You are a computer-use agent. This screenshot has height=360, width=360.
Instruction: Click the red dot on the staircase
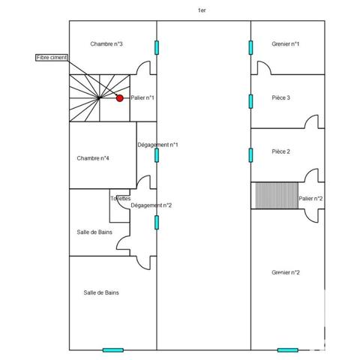[119, 97]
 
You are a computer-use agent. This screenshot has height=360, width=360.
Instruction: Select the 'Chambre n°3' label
[106, 44]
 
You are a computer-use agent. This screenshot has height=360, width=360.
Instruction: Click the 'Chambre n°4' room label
[93, 158]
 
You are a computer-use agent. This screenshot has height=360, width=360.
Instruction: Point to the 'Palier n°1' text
[142, 97]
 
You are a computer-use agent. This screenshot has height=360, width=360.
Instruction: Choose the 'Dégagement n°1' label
[157, 145]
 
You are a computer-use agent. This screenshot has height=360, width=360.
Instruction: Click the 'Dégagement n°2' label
[151, 205]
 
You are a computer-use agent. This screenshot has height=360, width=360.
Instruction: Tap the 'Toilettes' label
[120, 199]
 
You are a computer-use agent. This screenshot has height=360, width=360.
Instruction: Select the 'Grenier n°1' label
[286, 44]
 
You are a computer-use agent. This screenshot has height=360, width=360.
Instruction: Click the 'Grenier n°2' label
[286, 272]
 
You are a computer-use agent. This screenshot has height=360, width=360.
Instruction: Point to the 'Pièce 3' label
[281, 97]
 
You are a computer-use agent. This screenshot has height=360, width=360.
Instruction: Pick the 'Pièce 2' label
[281, 151]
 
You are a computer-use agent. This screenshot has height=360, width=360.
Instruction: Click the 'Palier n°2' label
[310, 199]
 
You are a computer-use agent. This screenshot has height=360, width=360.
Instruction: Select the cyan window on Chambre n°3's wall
[157, 47]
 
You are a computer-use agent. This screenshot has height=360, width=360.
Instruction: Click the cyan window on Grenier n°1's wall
[250, 47]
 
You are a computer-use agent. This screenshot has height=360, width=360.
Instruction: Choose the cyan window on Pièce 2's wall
[250, 155]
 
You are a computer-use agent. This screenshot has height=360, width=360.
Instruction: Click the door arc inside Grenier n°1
[263, 68]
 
